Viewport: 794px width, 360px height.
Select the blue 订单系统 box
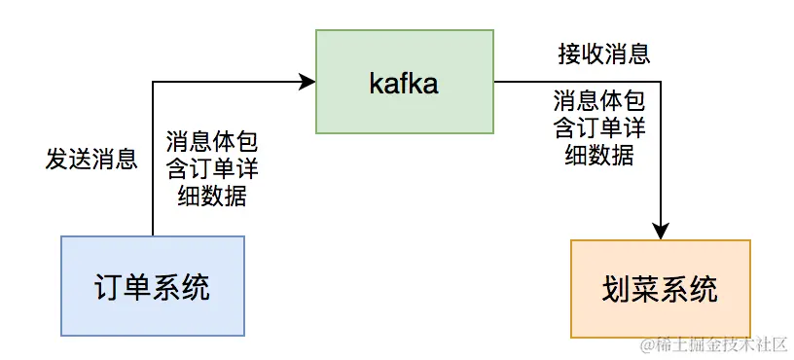coord(152,286)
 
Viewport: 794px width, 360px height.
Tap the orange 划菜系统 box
coord(660,288)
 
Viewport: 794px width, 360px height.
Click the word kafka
coord(404,84)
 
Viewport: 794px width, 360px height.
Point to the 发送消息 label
coord(91,160)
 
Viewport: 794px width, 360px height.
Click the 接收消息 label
coord(603,53)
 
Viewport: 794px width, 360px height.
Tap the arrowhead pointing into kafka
coord(307,82)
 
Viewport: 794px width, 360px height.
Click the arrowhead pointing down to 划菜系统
coord(661,232)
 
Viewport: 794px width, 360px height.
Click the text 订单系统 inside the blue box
coord(152,287)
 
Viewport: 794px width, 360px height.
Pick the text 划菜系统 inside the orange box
coord(660,289)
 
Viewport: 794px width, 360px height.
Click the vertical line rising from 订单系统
coord(153,165)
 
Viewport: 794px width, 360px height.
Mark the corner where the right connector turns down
coord(661,83)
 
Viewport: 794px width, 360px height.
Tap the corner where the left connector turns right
coord(153,83)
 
